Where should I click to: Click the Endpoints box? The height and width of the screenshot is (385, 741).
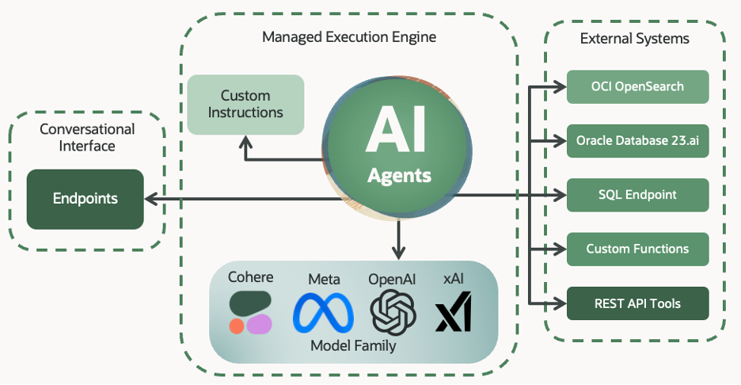click(x=85, y=199)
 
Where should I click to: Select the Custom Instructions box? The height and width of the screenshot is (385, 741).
click(x=245, y=104)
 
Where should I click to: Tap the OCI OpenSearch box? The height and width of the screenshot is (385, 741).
click(x=637, y=86)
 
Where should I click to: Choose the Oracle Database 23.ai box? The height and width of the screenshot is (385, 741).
click(x=637, y=141)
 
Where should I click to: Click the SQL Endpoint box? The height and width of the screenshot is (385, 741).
click(x=637, y=195)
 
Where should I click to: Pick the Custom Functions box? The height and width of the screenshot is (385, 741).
click(x=637, y=249)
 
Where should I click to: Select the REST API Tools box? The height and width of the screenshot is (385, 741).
click(x=637, y=303)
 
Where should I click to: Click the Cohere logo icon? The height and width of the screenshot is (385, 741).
click(x=250, y=312)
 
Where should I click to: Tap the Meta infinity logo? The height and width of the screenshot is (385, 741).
click(x=323, y=312)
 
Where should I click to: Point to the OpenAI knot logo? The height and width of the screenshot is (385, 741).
click(x=393, y=311)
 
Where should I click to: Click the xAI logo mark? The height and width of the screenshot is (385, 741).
click(x=454, y=312)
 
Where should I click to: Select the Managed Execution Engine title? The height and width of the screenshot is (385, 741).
click(x=349, y=37)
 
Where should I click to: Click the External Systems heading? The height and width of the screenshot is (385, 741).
click(x=634, y=38)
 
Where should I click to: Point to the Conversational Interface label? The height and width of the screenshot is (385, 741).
click(x=86, y=137)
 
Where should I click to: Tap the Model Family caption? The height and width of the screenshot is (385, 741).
click(x=352, y=345)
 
